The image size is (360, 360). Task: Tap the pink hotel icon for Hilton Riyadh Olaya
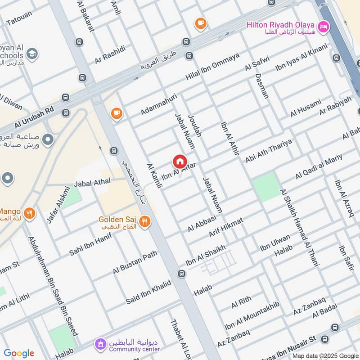pyautogui.click(x=323, y=27)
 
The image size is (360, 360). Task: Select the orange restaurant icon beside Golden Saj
pyautogui.click(x=144, y=221)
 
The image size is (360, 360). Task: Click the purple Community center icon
pyautogui.click(x=100, y=345)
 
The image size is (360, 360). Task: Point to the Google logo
pyautogui.click(x=19, y=353)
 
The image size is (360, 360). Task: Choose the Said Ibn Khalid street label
pyautogui.click(x=148, y=292)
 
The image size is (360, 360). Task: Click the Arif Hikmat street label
pyautogui.click(x=226, y=227)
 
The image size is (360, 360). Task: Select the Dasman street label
pyautogui.click(x=262, y=85)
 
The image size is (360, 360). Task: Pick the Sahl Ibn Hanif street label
pyautogui.click(x=90, y=244)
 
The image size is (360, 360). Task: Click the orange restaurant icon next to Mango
pyautogui.click(x=30, y=213)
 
